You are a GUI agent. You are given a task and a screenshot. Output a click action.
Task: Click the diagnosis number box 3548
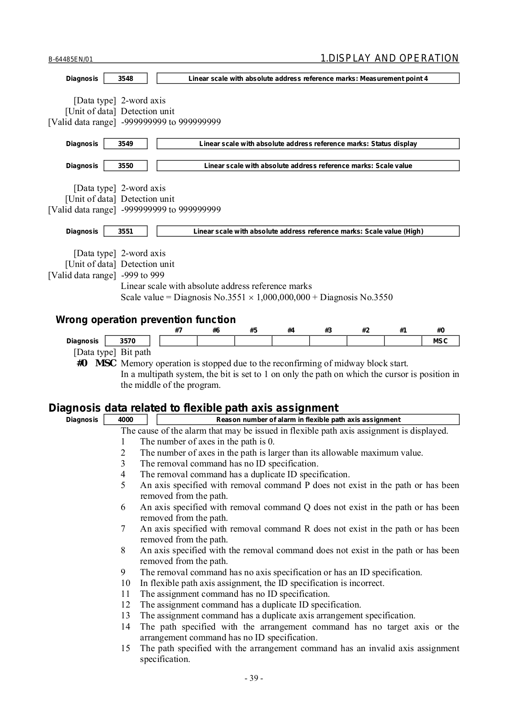point(125,79)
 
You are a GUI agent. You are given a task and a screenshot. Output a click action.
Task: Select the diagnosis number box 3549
point(125,144)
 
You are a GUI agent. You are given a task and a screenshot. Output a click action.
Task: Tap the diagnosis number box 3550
point(125,166)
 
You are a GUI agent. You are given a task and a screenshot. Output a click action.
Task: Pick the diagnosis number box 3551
point(125,231)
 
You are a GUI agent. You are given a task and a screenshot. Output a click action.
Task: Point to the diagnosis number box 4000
point(125,420)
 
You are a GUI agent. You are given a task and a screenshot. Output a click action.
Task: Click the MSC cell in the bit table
point(440,341)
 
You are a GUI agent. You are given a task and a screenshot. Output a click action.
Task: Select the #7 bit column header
point(178,331)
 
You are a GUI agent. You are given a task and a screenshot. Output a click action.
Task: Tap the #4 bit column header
point(291,331)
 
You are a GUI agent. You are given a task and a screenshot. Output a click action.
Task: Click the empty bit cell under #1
point(403,341)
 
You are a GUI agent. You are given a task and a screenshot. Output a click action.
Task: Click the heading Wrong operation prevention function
point(145,320)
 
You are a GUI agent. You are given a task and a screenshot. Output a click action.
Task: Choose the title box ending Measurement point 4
point(308,79)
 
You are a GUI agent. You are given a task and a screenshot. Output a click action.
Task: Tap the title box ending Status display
point(308,144)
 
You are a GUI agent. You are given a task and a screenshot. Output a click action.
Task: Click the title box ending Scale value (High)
point(308,231)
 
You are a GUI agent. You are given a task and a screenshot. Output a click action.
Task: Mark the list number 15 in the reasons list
point(126,648)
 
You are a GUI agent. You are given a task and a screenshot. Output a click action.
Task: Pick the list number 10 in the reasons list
point(126,583)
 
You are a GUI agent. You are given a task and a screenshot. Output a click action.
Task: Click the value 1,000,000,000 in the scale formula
point(283,297)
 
